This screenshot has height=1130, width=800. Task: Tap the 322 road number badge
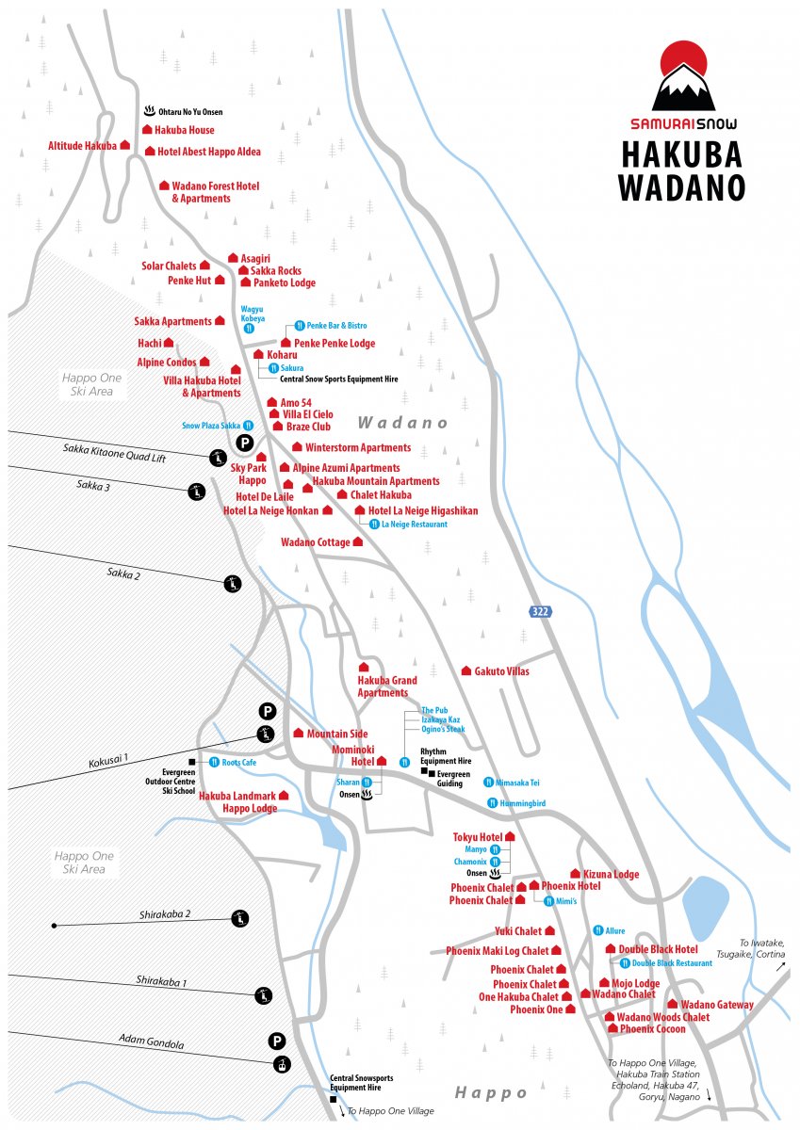click(x=539, y=611)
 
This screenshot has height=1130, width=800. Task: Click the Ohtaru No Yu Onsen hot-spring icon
click(x=148, y=110)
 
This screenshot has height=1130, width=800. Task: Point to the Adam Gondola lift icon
click(x=281, y=1065)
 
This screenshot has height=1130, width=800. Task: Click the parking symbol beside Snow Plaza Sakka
click(x=244, y=443)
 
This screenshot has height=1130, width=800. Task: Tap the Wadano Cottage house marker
click(x=358, y=542)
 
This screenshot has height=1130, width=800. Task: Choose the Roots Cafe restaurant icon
click(x=214, y=762)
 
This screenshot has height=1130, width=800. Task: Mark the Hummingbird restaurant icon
click(x=492, y=803)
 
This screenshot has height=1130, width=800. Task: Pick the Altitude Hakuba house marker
click(x=125, y=146)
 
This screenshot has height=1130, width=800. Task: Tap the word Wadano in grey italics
click(x=402, y=423)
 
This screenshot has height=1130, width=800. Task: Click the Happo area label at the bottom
click(x=491, y=1092)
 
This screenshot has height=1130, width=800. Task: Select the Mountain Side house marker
click(x=299, y=734)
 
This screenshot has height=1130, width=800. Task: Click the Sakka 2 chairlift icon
click(x=233, y=584)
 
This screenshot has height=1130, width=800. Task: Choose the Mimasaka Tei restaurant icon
click(x=489, y=783)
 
